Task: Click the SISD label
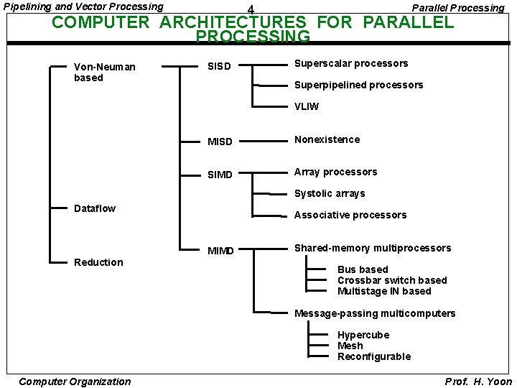point(219,67)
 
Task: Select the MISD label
point(220,142)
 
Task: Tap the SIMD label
point(220,175)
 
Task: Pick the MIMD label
point(220,251)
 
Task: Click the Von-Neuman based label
point(104,72)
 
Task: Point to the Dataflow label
point(95,208)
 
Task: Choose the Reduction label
point(98,262)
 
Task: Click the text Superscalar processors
point(351,63)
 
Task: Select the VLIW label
point(307,106)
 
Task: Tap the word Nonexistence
point(327,139)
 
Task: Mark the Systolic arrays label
point(330,193)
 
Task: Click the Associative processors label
point(350,215)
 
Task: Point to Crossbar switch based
point(392,280)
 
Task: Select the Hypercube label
point(363,335)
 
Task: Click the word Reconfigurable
point(374,356)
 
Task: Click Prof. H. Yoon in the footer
point(478,382)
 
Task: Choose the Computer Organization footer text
point(75,382)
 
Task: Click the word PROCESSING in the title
point(253,36)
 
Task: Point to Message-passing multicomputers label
point(375,313)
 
